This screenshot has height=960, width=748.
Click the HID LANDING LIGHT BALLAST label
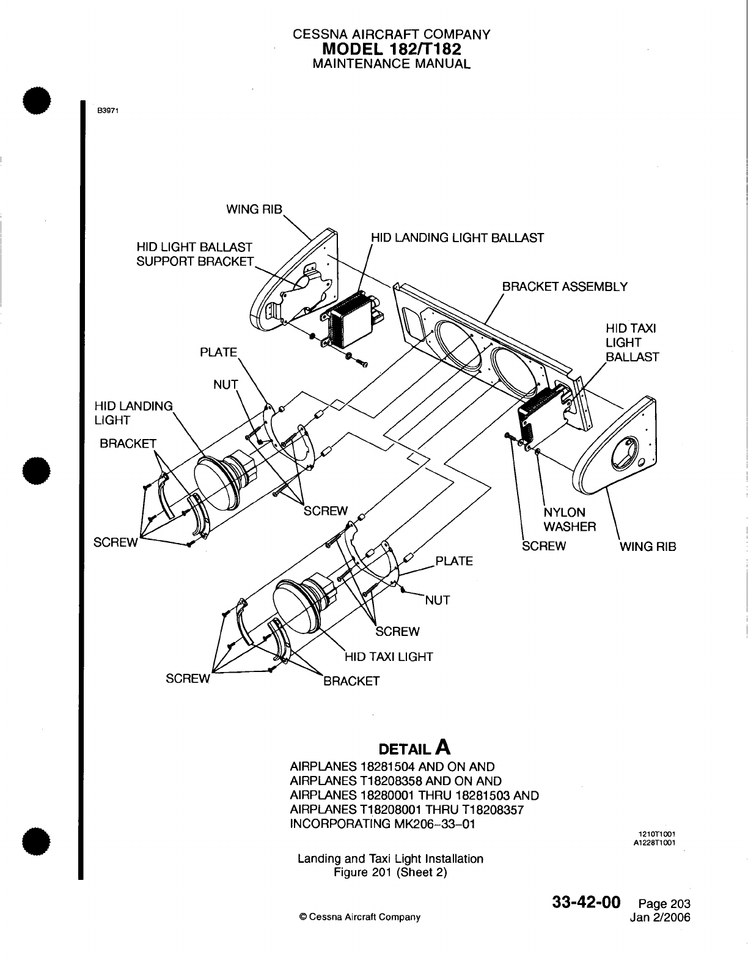pos(457,238)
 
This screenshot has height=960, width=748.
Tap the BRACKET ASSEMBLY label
pos(564,287)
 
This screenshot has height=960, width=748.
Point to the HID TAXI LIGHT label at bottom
pos(389,657)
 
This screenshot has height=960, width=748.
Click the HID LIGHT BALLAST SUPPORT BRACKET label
pos(194,254)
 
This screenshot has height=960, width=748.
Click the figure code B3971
pos(107,111)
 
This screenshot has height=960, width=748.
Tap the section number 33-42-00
pos(587,903)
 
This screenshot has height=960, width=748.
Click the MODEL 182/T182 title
pos(391,49)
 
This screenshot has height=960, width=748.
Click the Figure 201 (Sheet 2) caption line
pos(391,872)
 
